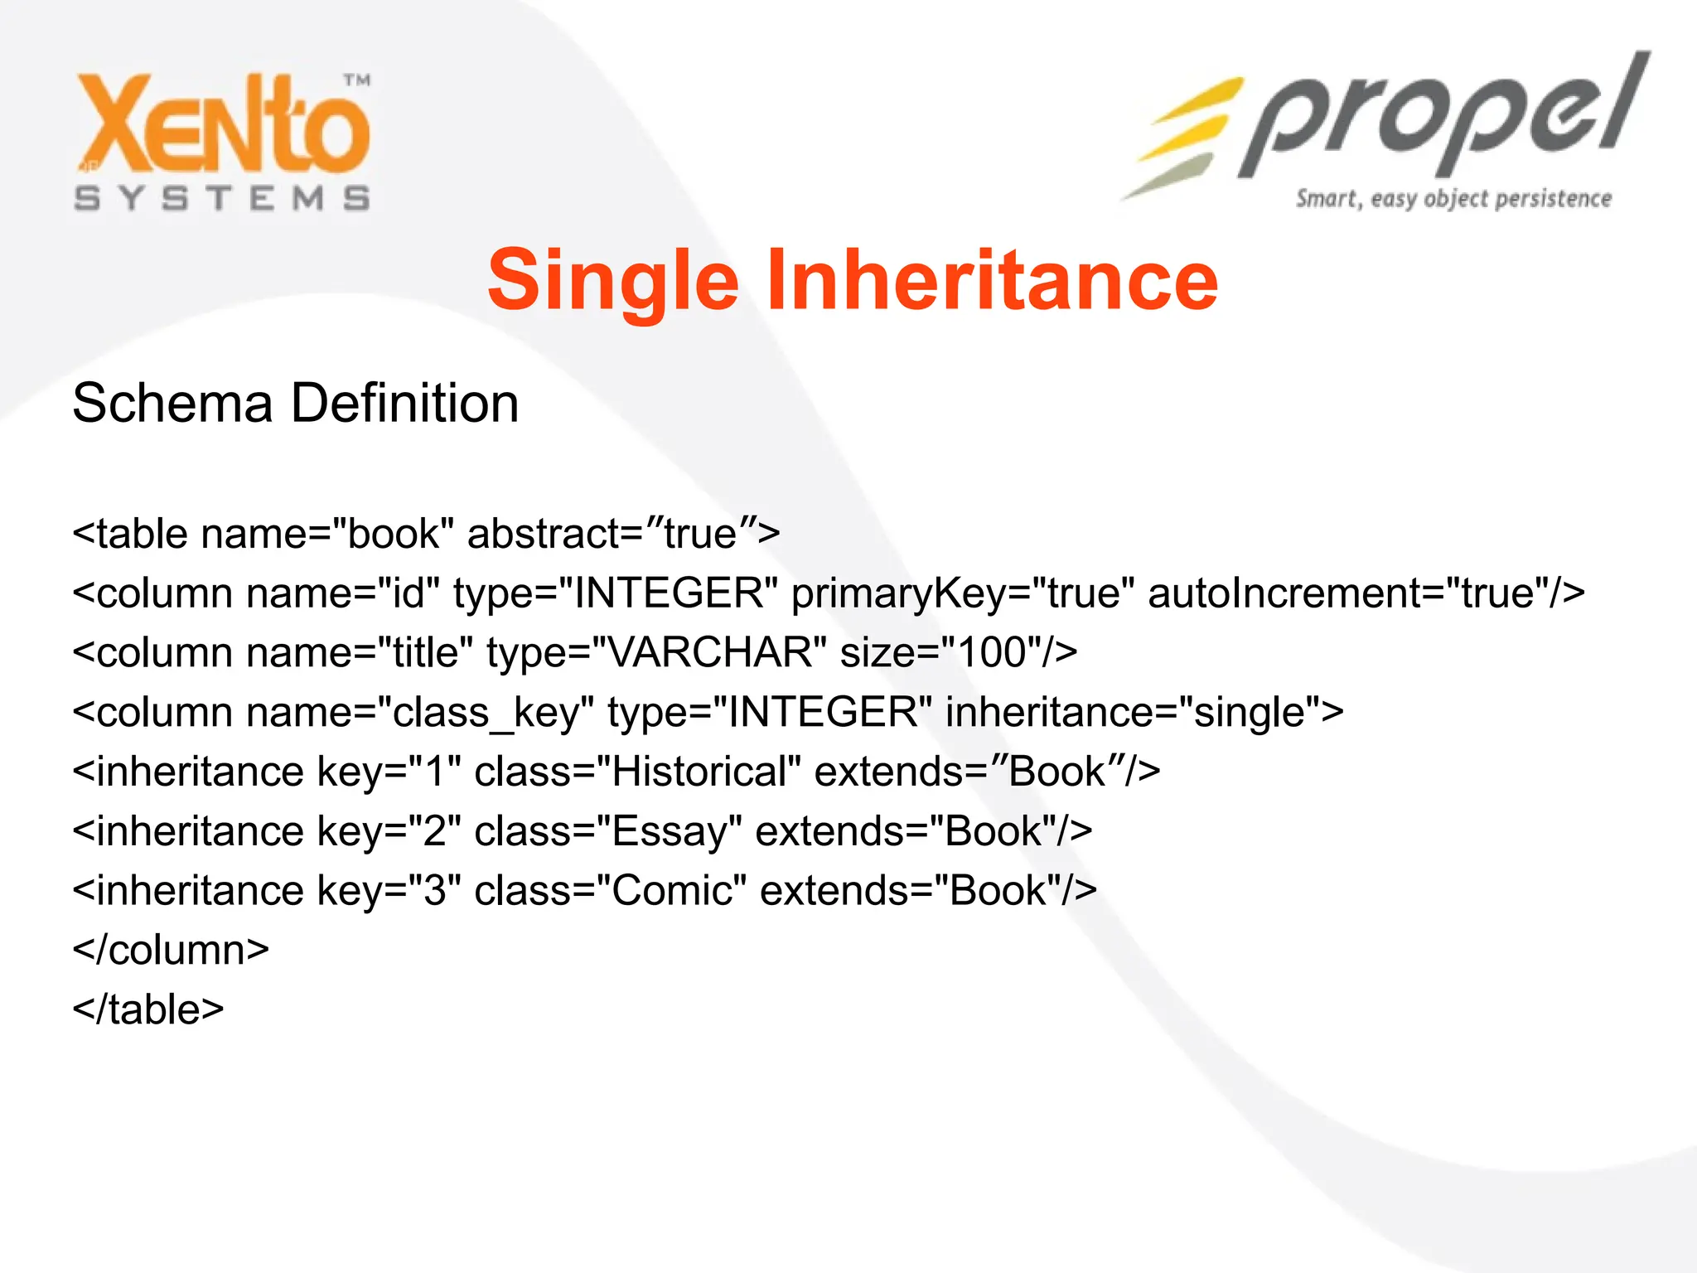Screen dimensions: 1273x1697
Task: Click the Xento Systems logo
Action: tap(222, 141)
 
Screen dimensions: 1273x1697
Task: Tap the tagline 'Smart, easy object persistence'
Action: tap(1453, 199)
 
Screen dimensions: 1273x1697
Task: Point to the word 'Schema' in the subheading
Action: tap(172, 404)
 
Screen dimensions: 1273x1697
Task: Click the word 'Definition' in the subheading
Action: tap(405, 404)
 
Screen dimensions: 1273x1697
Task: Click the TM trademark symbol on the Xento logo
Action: tap(357, 80)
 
